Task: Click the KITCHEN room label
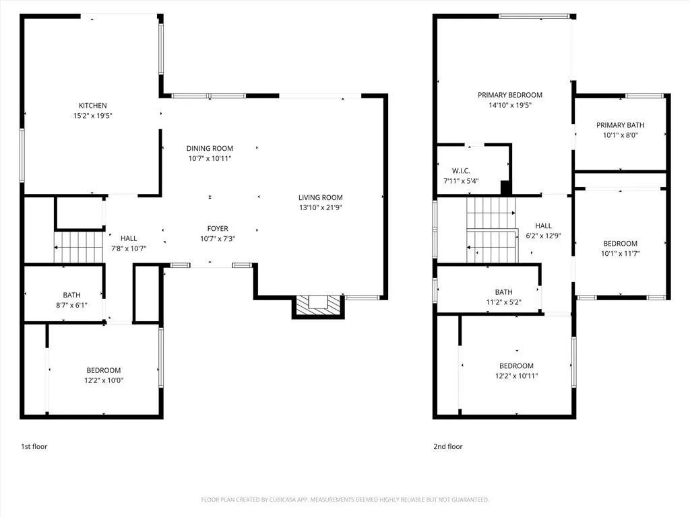[92, 106]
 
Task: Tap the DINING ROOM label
[210, 149]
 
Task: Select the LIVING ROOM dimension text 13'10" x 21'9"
[321, 207]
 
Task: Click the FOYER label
[217, 229]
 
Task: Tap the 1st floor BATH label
[72, 295]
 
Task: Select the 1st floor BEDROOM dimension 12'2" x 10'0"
[104, 380]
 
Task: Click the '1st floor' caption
[34, 446]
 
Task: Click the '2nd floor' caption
[448, 446]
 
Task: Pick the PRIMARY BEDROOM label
[509, 96]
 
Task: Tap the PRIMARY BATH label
[620, 125]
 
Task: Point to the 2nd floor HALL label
[543, 226]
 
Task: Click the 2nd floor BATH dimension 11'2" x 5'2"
[503, 302]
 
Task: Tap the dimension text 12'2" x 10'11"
[516, 376]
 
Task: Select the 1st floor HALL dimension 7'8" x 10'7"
[128, 248]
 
